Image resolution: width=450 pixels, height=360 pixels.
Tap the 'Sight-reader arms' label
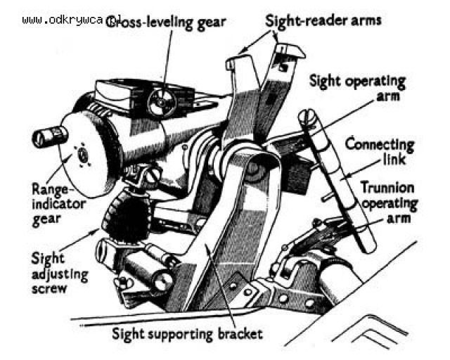point(323,20)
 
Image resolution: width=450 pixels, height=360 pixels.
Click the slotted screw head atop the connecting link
point(307,115)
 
